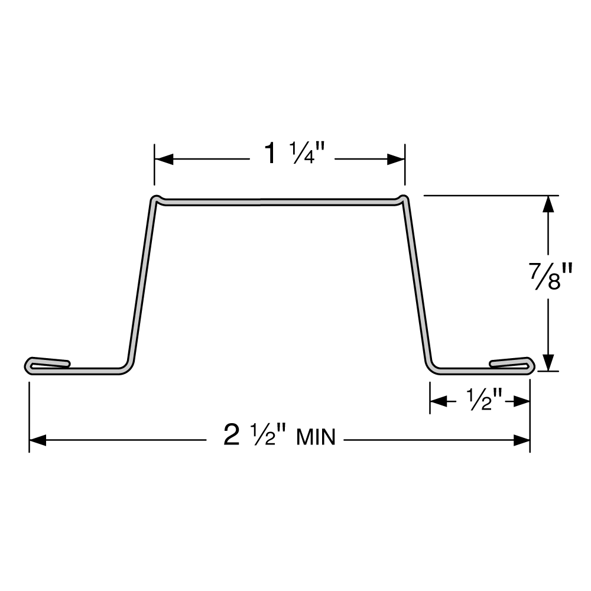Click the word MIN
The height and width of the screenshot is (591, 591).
316,438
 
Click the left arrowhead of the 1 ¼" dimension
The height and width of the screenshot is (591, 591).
163,159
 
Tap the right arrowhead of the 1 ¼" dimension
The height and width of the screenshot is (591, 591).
397,159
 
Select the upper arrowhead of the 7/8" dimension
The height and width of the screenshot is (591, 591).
549,204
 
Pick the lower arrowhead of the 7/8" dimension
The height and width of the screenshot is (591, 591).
549,362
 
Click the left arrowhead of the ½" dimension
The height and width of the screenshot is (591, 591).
438,402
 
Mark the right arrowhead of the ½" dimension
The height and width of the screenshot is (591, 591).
522,402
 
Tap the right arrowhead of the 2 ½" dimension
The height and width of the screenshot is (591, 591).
521,440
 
